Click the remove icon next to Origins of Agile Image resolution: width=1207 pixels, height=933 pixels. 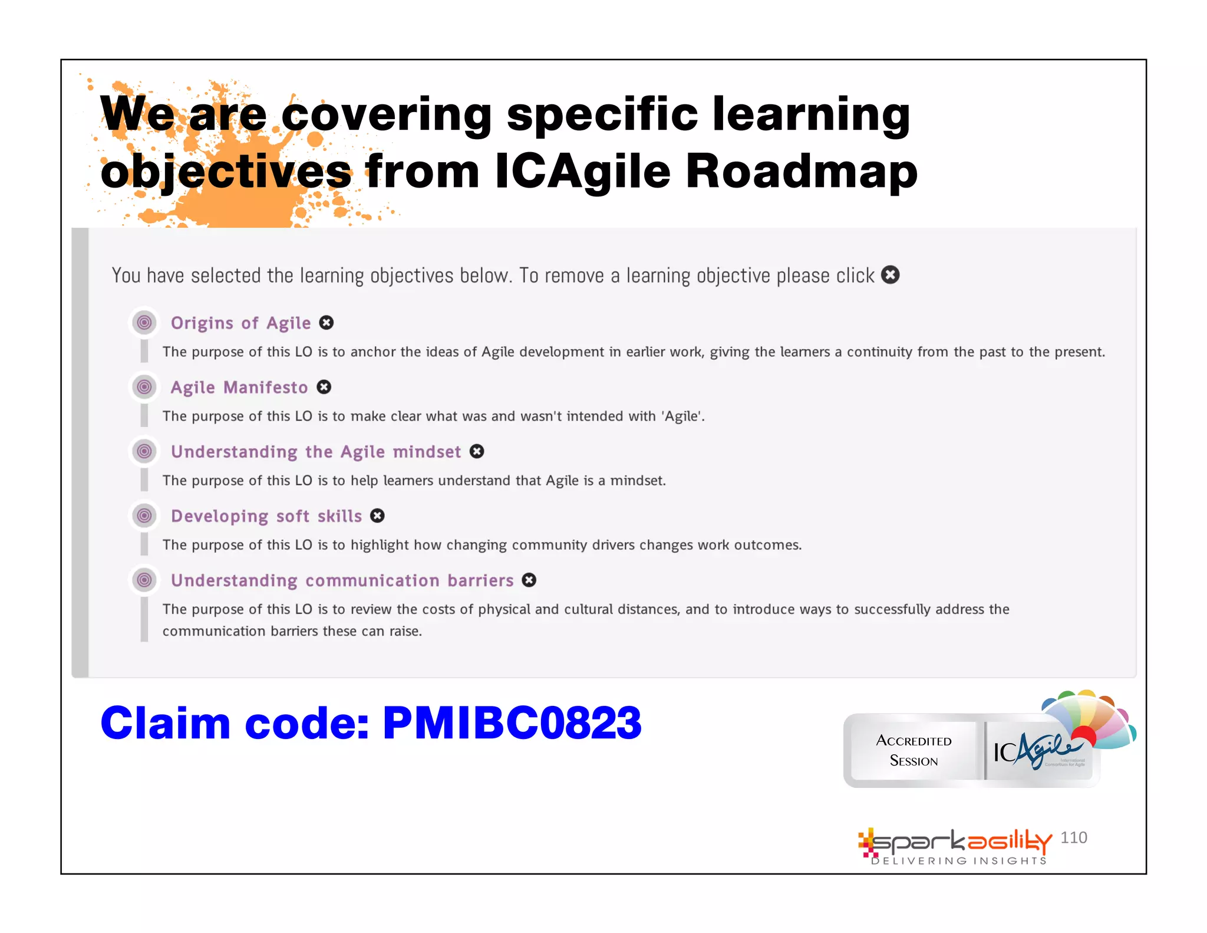[x=326, y=323]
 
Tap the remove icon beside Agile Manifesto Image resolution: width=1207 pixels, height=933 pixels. [x=324, y=387]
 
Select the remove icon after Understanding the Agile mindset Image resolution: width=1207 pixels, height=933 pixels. [x=477, y=451]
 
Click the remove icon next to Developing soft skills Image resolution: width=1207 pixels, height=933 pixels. [x=377, y=515]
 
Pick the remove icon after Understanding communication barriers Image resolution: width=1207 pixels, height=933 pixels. [x=529, y=580]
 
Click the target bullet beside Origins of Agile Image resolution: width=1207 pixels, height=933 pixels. [x=144, y=323]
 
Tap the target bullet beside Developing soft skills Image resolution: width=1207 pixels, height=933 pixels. [x=144, y=516]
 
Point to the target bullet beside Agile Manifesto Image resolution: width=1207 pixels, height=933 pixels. [x=144, y=387]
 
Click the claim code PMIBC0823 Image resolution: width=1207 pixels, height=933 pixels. [x=512, y=722]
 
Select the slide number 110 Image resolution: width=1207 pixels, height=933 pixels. [x=1073, y=837]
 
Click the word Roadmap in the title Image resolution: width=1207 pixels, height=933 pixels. [x=801, y=171]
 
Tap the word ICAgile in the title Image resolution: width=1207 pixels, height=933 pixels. [x=582, y=171]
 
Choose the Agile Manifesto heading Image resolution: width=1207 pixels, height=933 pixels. [x=239, y=387]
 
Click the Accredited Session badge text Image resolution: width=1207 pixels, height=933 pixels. [x=914, y=750]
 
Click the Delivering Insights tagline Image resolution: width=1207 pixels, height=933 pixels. [x=959, y=861]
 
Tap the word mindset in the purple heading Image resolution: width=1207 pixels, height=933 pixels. [x=427, y=452]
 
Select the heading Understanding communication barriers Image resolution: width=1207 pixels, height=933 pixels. [x=342, y=580]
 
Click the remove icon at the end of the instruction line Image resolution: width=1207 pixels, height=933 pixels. [x=890, y=275]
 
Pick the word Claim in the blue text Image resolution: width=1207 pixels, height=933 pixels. [x=166, y=722]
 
